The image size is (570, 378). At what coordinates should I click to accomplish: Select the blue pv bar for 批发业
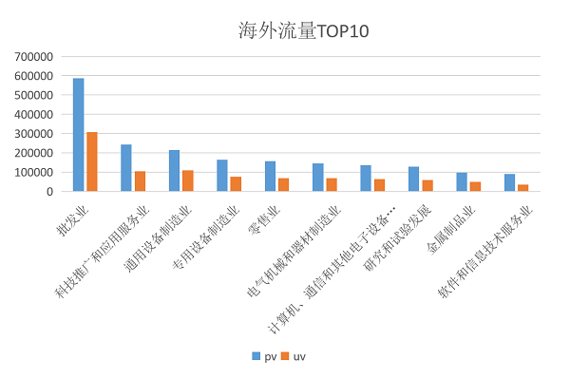click(78, 135)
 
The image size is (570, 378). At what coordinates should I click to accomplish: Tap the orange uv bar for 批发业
click(91, 161)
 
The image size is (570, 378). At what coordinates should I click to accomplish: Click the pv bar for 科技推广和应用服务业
click(126, 168)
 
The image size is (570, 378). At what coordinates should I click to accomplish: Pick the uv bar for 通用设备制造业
click(187, 180)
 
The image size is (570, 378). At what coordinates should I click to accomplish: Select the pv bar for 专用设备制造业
click(222, 176)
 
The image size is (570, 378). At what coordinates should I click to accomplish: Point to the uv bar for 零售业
click(283, 184)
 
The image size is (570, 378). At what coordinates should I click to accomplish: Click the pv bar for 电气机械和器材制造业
click(317, 178)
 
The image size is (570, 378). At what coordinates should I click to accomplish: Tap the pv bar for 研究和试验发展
click(413, 180)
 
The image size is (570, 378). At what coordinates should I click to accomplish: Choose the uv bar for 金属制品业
click(475, 186)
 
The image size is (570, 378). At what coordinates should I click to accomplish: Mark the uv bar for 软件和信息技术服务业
click(522, 188)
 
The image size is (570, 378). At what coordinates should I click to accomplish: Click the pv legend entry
click(263, 356)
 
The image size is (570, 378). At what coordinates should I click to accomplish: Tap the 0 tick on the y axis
click(47, 191)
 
